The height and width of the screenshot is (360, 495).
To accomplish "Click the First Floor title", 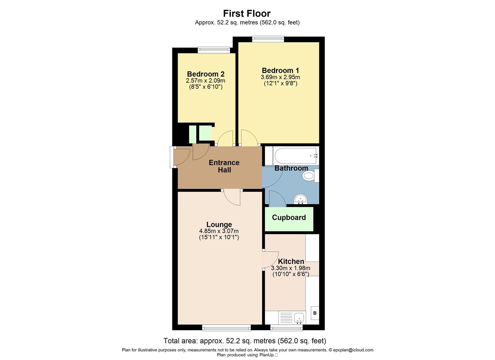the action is click(x=247, y=13).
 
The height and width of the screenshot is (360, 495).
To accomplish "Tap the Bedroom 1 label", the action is click(x=280, y=70).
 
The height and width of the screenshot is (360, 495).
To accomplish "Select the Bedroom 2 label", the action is click(x=206, y=74).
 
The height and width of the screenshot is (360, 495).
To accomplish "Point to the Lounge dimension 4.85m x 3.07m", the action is click(x=219, y=231).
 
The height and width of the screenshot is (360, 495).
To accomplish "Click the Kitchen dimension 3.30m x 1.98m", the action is click(x=291, y=268).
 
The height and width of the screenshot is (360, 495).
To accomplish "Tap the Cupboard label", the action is click(x=289, y=217).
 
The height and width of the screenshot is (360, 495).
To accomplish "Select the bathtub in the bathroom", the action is click(x=296, y=156).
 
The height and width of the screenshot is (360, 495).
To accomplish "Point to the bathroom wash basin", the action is click(x=300, y=199).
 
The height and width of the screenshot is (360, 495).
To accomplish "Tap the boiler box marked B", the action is click(x=315, y=313).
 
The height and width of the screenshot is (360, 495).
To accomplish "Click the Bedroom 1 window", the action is click(x=268, y=39).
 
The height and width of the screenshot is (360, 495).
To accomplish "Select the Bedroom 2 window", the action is click(x=214, y=50).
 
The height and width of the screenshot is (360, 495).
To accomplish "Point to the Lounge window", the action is click(x=226, y=328).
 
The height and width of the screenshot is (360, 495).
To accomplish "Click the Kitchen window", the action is click(x=286, y=328).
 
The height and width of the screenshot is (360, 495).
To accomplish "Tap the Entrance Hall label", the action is click(x=224, y=166).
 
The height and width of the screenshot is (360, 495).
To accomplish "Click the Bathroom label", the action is click(x=291, y=168).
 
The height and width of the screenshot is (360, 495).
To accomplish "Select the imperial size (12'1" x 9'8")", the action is click(x=280, y=83).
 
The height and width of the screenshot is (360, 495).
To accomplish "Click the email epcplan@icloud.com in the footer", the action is click(x=353, y=350).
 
